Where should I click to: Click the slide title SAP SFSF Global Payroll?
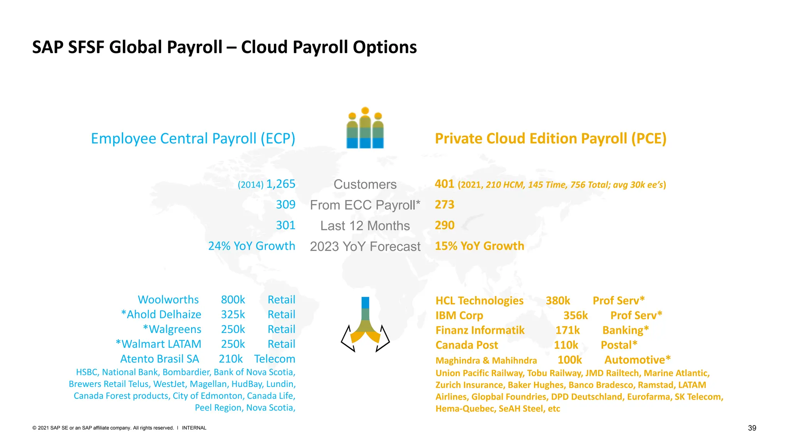[224, 47]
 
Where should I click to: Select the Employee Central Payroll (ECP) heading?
[193, 138]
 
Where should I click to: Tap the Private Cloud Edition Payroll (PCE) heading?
[551, 138]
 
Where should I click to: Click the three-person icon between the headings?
[365, 128]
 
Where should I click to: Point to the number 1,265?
[280, 184]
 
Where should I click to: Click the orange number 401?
[444, 184]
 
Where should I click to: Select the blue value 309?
[285, 205]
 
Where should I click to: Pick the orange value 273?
[445, 205]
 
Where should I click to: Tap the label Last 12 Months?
[365, 226]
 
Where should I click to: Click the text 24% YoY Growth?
[252, 246]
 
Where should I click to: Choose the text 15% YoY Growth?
[479, 246]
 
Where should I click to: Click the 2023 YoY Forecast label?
[365, 247]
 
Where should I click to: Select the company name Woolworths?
[168, 299]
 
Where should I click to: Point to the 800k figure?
[233, 299]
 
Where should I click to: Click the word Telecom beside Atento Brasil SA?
[275, 359]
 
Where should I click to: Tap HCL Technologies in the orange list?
[479, 301]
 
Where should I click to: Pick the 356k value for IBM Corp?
[576, 315]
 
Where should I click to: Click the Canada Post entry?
[467, 345]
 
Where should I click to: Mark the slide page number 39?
[752, 428]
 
